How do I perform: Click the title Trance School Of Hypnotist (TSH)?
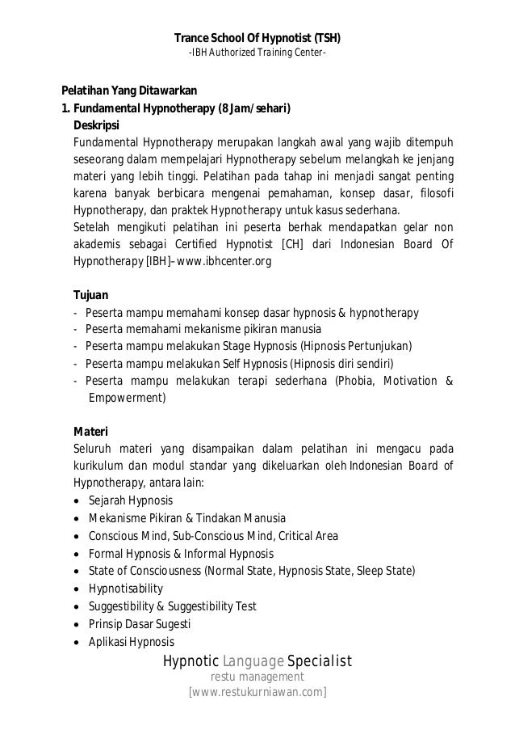tap(257, 37)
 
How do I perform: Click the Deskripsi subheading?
tap(96, 125)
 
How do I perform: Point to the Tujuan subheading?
tap(91, 296)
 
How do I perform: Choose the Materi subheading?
tap(90, 430)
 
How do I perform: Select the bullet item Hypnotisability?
tap(125, 589)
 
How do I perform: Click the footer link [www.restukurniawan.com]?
tap(257, 693)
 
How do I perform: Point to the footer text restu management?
tap(257, 677)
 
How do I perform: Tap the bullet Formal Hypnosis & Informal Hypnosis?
tap(181, 553)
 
